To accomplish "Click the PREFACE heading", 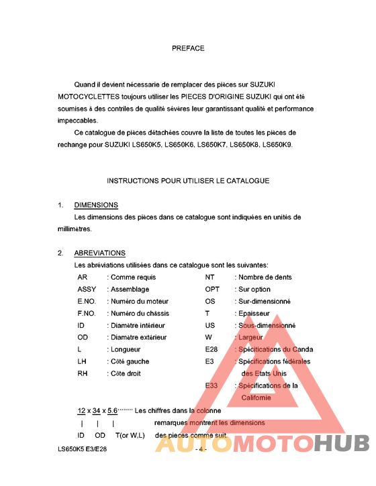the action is [x=188, y=48].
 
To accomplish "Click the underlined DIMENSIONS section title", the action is [x=96, y=205].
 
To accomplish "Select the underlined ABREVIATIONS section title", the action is [x=99, y=253].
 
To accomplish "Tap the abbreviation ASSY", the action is [x=87, y=289].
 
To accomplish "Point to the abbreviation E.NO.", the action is [x=87, y=301].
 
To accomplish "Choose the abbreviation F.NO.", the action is [x=87, y=313].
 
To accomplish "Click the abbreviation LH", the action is [x=83, y=361].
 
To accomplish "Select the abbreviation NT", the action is [x=209, y=277].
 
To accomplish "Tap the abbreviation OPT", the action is [x=212, y=289].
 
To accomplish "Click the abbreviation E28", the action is [x=211, y=349].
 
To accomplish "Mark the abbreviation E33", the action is [x=211, y=385].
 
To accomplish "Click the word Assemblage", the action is [x=130, y=289].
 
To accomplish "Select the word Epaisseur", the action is [x=254, y=313].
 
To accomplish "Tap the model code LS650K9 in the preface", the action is [x=277, y=145].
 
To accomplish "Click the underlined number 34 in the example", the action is [x=97, y=410].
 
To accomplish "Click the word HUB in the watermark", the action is [x=342, y=444].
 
